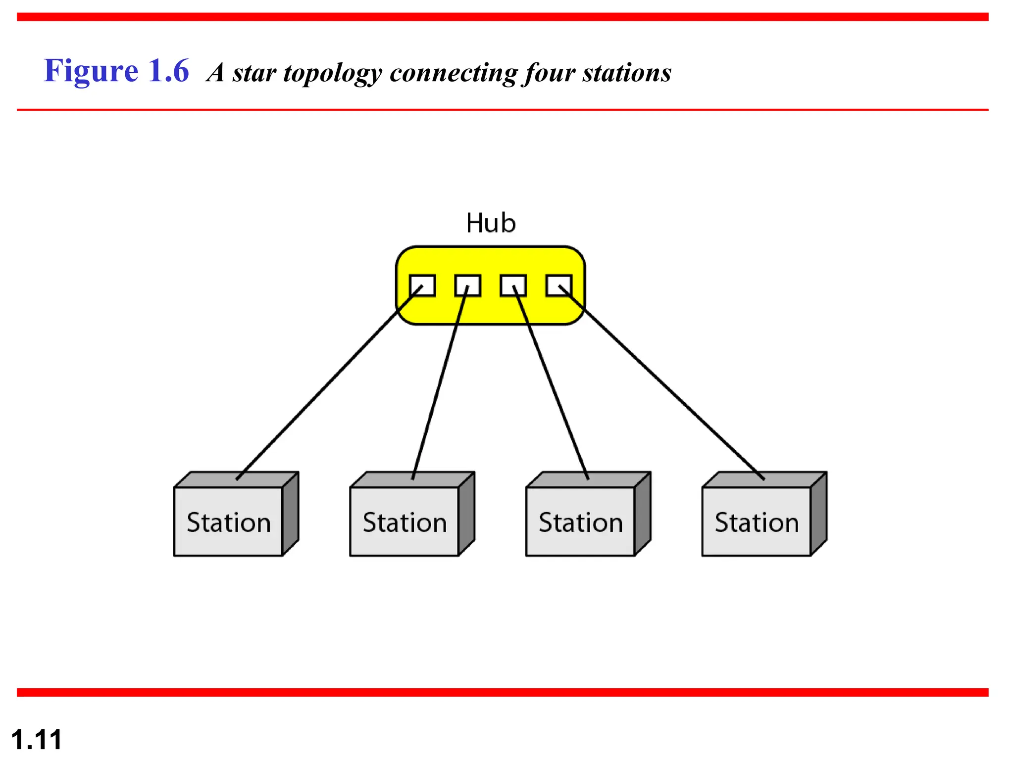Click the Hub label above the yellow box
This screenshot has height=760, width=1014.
(x=491, y=223)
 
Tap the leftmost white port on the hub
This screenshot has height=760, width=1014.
(x=422, y=285)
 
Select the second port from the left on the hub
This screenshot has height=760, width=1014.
(x=468, y=285)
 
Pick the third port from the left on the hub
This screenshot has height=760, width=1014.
(x=513, y=285)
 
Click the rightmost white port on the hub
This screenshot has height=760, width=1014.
(x=558, y=285)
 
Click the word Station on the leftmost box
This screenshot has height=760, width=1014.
(x=229, y=522)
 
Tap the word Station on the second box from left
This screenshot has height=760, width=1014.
(x=405, y=522)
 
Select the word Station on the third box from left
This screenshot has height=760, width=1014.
(x=581, y=522)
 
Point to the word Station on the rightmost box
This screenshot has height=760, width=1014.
(x=757, y=522)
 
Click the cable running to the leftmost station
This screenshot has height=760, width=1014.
(x=327, y=385)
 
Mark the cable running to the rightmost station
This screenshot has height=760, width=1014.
(x=663, y=385)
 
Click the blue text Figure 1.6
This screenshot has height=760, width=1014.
(x=116, y=71)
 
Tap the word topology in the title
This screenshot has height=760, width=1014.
(x=332, y=73)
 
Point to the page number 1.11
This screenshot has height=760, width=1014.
(x=36, y=740)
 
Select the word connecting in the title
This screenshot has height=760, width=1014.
(x=453, y=73)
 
